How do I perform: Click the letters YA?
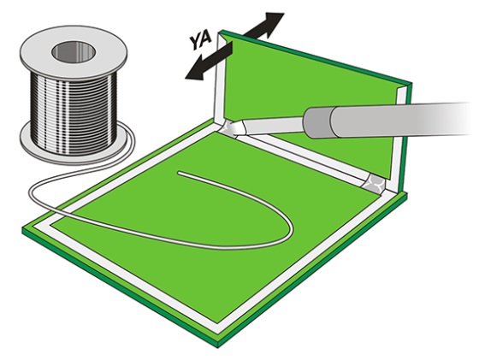pos(201,40)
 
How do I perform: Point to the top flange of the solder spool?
pos(73,51)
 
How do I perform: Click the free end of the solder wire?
pos(179,173)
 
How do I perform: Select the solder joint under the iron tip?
pos(230,127)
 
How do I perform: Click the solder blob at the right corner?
pos(375,184)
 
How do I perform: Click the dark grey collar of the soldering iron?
pos(318,123)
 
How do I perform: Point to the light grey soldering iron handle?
pos(402,119)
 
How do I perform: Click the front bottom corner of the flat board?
pos(218,342)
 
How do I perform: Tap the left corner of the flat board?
pos(23,230)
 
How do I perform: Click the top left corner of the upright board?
pos(220,31)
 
